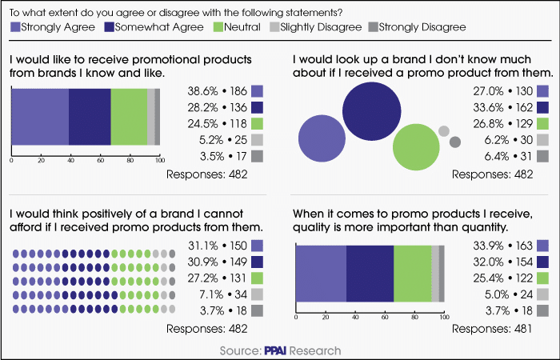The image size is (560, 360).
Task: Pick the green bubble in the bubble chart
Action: coord(416,147)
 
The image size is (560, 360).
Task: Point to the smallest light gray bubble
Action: coord(443,132)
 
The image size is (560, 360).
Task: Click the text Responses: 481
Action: coord(506,328)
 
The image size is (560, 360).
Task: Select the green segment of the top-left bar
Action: coord(129,116)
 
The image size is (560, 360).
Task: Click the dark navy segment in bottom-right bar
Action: coord(370,274)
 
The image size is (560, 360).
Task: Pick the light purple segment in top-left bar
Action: coord(40,116)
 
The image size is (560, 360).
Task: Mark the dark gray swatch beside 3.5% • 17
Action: coord(258,156)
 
